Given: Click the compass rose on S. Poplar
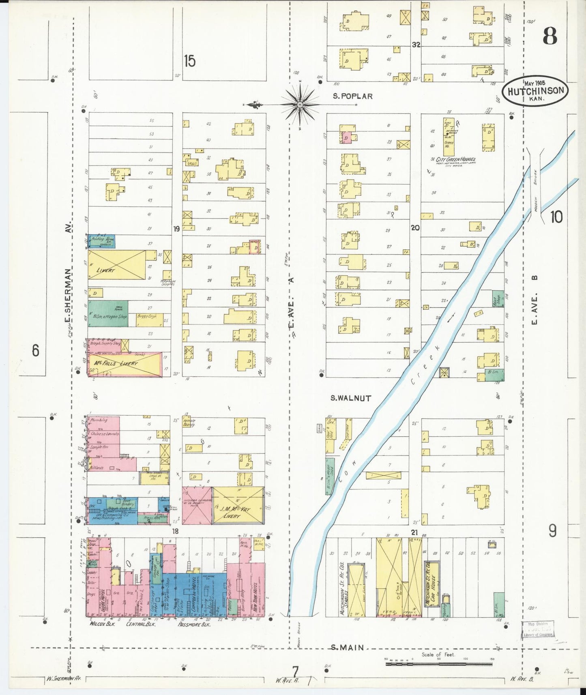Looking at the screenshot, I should pos(300,105).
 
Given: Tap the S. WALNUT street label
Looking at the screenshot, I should pos(350,398).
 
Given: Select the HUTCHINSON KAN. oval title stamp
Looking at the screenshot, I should pos(535,91).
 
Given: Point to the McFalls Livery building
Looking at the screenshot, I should pos(124,364).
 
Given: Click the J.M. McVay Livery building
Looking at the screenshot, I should pos(238,505).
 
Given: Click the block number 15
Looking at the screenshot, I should pos(189,61).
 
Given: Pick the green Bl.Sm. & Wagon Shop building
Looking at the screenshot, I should pos(108,313).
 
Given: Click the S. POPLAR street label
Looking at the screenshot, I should pos(352,96).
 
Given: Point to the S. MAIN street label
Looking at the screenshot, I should pos(347,648).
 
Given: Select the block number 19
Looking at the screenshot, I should pos(176,229).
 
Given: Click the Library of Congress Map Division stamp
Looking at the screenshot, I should pos(538,629).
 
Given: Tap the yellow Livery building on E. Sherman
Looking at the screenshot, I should pos(117,264).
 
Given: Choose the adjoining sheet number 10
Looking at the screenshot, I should pos(556,217).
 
